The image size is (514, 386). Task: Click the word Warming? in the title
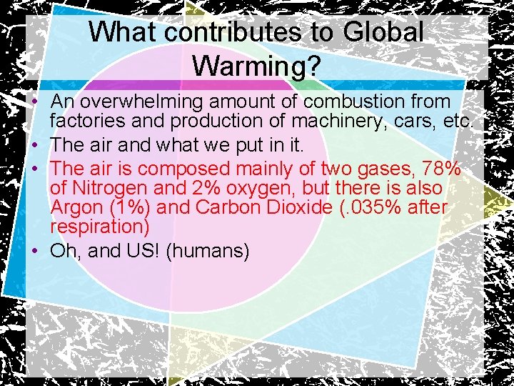tap(257, 66)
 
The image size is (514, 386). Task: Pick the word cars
tap(413, 122)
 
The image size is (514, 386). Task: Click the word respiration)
tap(99, 227)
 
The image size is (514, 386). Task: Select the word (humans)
tap(207, 251)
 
